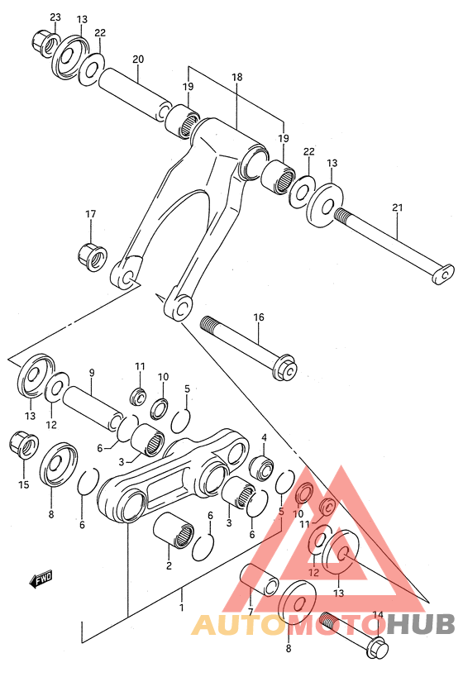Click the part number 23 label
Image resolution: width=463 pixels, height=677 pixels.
[55, 17]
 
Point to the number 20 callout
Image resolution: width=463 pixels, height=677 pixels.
[138, 59]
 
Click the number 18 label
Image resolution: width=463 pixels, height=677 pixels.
[237, 77]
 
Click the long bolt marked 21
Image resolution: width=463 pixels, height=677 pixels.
[394, 242]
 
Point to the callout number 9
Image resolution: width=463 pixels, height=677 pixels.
[92, 372]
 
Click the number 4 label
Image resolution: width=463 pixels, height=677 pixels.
[265, 437]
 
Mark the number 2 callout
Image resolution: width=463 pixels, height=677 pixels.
[169, 566]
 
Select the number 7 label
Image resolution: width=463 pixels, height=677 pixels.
[251, 612]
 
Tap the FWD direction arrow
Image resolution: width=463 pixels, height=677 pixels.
[41, 581]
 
